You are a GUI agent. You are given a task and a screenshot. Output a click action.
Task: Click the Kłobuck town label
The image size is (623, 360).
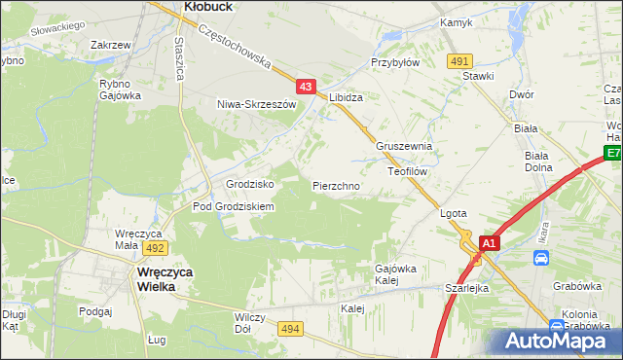click(x=207, y=6)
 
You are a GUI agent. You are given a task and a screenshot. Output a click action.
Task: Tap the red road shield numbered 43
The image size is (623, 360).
click(x=307, y=87)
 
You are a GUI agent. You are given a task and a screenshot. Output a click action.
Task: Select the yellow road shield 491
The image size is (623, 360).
click(x=460, y=61)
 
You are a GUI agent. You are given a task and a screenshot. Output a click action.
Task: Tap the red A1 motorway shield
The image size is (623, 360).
click(x=490, y=243)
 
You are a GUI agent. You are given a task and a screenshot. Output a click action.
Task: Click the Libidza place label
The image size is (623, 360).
click(x=346, y=98)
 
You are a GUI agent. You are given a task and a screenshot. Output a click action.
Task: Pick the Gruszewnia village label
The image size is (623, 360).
click(x=404, y=147)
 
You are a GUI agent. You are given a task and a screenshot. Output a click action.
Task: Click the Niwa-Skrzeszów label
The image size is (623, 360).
click(x=256, y=104)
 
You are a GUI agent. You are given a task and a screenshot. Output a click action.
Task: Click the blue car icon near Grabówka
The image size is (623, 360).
click(x=540, y=258)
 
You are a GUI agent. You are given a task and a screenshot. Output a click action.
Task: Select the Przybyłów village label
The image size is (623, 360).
click(x=394, y=61)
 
